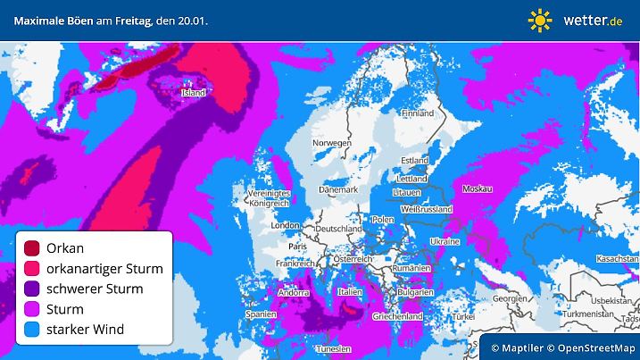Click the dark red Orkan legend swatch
click(32, 247)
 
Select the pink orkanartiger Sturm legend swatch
click(32, 268)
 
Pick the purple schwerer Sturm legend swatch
click(32, 289)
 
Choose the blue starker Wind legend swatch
click(32, 330)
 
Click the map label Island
click(193, 92)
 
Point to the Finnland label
click(417, 113)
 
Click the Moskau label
click(478, 189)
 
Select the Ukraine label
click(445, 241)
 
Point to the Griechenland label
click(399, 316)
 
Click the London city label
click(284, 226)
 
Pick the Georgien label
click(508, 298)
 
